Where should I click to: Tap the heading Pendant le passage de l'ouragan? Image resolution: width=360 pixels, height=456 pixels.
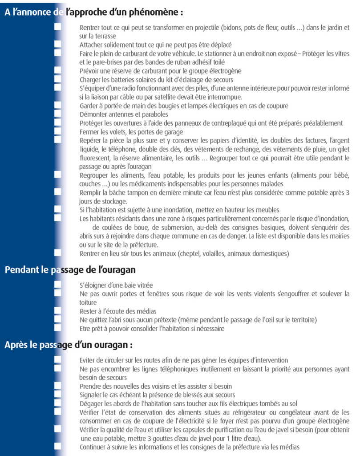tap(70, 270)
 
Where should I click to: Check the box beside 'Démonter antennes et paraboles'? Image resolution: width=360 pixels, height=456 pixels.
tap(57, 114)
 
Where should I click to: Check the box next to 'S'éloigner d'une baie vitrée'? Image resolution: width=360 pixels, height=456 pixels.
tap(57, 285)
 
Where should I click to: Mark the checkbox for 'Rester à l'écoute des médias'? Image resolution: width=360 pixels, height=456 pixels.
tap(57, 311)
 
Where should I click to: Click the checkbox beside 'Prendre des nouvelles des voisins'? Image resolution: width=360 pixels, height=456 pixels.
tap(57, 386)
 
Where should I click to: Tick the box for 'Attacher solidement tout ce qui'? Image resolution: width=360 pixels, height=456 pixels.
tap(57, 45)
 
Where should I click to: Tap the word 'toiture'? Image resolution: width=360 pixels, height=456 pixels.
tap(89, 302)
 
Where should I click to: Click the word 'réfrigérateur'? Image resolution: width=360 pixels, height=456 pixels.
tap(244, 412)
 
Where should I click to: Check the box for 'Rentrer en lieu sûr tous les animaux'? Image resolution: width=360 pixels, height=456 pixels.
tap(57, 253)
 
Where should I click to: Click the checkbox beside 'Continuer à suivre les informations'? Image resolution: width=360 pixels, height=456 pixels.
tap(57, 446)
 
